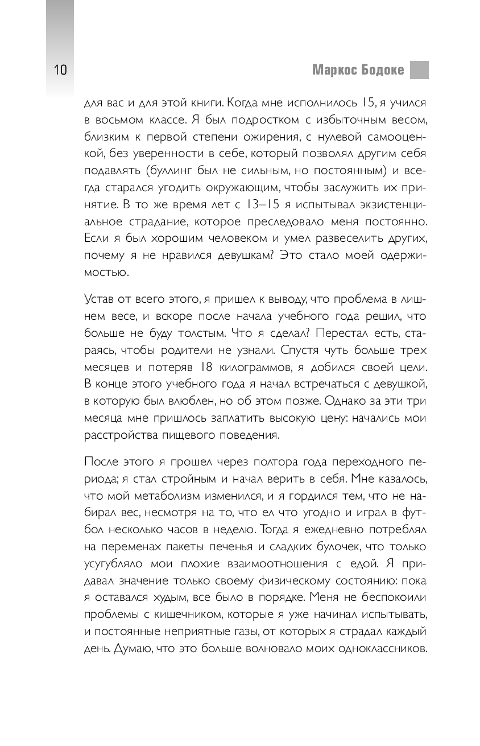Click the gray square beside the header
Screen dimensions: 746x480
point(419,70)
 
